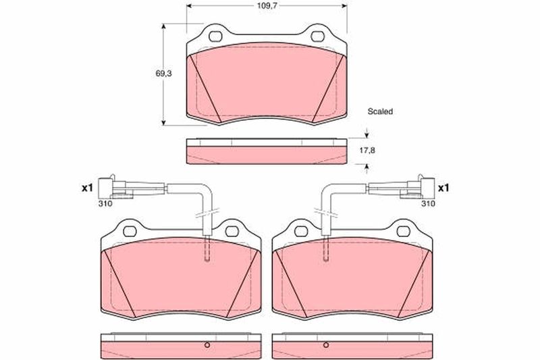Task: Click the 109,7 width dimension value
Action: (x=267, y=6)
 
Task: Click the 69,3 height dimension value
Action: (x=163, y=74)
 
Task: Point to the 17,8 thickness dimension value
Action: (x=367, y=151)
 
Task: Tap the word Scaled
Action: (x=380, y=111)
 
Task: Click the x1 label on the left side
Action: (x=88, y=188)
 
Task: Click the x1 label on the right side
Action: (x=443, y=188)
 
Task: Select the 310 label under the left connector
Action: (x=105, y=203)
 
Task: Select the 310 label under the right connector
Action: (x=428, y=203)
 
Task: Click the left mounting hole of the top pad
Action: (x=216, y=36)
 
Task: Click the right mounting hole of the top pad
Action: (x=317, y=36)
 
